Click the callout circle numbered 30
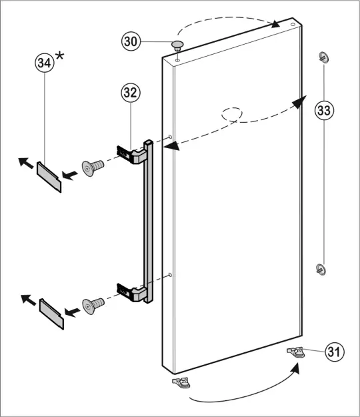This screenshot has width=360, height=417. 131,42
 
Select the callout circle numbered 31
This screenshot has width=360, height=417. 335,352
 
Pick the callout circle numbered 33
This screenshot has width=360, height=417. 324,110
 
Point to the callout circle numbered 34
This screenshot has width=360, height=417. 45,64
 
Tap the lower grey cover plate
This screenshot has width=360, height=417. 52,313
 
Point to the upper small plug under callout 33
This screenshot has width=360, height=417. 324,56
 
